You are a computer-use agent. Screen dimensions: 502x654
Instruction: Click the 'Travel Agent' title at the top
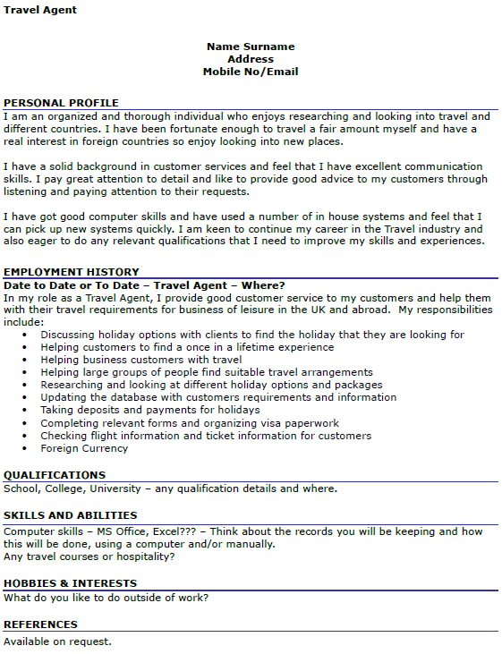[x=40, y=10]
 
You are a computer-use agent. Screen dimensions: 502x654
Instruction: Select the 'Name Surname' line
[x=251, y=47]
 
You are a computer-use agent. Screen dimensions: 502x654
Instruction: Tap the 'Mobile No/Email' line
[x=251, y=72]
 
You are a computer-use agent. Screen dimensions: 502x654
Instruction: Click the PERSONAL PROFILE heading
[x=61, y=103]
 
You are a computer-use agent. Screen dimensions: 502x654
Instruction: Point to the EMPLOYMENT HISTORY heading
[x=72, y=272]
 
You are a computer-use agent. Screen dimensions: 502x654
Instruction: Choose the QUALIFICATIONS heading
[x=55, y=475]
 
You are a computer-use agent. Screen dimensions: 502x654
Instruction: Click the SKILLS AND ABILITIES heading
[x=71, y=515]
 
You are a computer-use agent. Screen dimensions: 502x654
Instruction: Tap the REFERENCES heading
[x=40, y=624]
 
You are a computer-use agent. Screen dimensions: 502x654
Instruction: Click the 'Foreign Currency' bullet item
[x=84, y=448]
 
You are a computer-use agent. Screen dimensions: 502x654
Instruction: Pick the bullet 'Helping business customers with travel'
[x=141, y=360]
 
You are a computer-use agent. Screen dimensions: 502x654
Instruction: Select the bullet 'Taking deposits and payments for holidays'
[x=150, y=410]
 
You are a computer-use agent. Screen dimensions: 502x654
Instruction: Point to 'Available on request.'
[x=58, y=641]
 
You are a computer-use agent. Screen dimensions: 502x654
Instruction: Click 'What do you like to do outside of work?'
[x=106, y=597]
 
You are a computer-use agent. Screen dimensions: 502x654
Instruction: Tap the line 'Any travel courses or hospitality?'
[x=89, y=556]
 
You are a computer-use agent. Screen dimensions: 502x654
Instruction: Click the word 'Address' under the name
[x=251, y=59]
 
